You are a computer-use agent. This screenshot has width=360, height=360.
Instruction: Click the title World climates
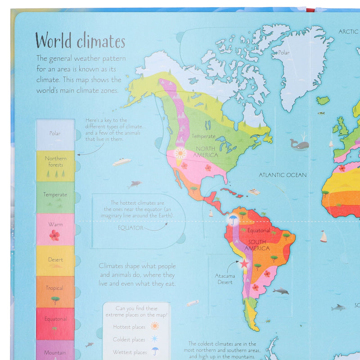pos(80,41)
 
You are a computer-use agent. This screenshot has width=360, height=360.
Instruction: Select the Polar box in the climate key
pos(55,134)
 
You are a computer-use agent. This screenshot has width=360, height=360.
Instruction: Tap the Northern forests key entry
pos(55,166)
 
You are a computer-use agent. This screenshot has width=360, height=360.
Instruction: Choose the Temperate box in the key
pos(55,197)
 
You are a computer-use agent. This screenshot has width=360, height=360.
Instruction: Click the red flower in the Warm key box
pos(54,235)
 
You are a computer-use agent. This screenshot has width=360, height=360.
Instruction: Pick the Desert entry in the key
pos(55,261)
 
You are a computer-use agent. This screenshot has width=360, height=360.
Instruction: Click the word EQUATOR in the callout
pos(130,228)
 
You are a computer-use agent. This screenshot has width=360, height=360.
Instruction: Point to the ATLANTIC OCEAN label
pos(283,175)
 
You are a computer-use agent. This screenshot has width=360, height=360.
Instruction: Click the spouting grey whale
pos(300,144)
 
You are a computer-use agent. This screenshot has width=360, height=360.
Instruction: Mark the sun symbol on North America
pos(180,153)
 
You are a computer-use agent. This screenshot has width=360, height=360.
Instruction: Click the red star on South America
pos(244,264)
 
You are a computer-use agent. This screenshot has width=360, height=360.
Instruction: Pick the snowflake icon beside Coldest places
pos(155,339)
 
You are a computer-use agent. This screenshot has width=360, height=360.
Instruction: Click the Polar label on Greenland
pos(283,53)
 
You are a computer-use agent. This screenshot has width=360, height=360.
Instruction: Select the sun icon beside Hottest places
pos(155,326)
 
